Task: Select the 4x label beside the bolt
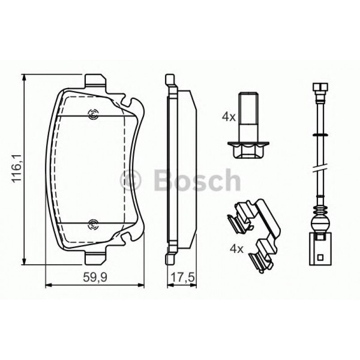coord(229,117)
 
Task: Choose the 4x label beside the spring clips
coord(236,248)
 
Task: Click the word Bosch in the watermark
coord(197,180)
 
